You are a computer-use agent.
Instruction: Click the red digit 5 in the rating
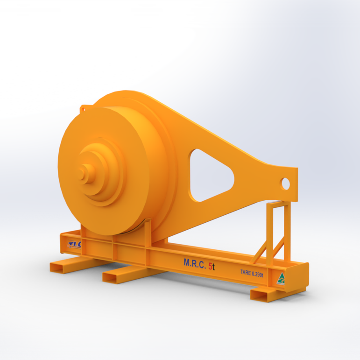(x=209, y=265)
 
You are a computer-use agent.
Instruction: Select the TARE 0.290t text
(x=252, y=274)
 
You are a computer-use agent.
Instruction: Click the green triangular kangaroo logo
(x=281, y=279)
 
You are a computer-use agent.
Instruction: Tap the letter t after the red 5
(x=213, y=266)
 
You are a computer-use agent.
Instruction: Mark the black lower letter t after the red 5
(x=213, y=266)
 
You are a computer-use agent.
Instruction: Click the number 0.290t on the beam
(x=257, y=274)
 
